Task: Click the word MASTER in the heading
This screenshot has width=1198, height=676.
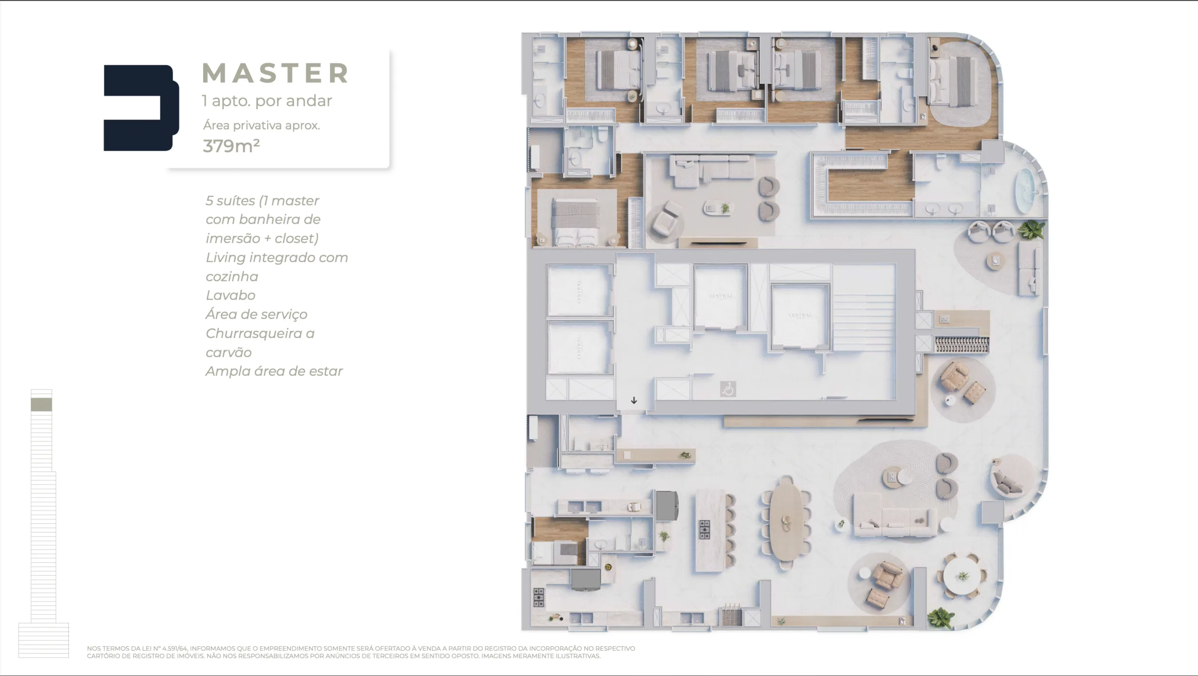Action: point(275,73)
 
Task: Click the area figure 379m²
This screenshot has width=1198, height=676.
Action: point(231,146)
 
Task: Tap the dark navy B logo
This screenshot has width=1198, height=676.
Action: point(140,108)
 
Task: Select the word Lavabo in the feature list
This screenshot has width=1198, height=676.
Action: point(230,295)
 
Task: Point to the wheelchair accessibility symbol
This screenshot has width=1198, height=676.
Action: point(728,389)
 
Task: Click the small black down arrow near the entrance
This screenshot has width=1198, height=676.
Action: point(634,400)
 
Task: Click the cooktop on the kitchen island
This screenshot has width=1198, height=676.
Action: point(704,529)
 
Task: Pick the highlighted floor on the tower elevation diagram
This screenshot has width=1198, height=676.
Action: point(41,404)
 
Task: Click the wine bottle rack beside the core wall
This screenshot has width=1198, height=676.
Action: point(961,345)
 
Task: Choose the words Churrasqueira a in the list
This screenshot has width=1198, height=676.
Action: point(260,333)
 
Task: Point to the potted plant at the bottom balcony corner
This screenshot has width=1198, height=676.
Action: point(940,618)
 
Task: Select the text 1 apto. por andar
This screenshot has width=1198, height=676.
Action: point(267,101)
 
